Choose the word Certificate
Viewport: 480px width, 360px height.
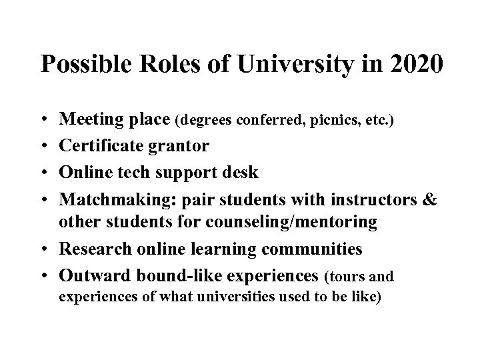point(97,146)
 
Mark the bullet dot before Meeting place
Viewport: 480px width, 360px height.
point(44,121)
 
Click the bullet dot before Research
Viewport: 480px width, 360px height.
point(44,249)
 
